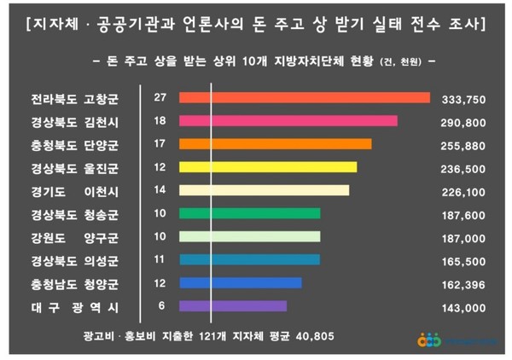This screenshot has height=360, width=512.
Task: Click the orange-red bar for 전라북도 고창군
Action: (305, 97)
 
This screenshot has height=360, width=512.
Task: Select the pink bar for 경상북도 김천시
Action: (288, 121)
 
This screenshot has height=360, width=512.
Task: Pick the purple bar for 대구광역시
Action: (233, 305)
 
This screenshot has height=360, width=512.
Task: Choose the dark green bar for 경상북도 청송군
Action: (250, 213)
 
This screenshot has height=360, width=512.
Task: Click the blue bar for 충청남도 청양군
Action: (241, 282)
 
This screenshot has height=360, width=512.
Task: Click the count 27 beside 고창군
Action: (160, 97)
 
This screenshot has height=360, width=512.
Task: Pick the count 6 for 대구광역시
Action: (160, 305)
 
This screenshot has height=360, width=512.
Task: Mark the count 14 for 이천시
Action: (160, 190)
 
